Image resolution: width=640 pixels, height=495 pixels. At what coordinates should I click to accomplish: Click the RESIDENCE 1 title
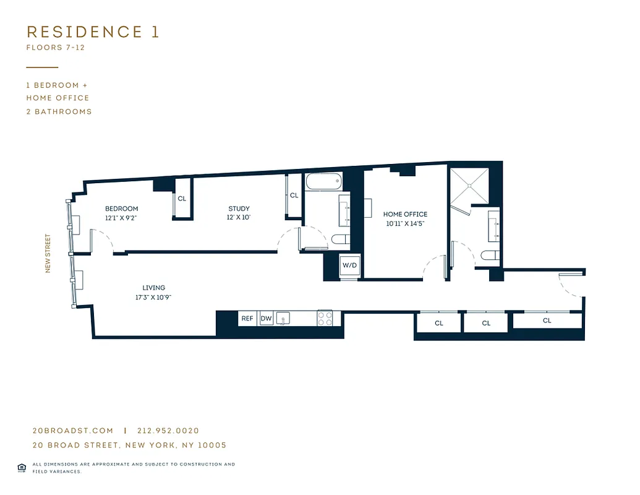click(x=93, y=32)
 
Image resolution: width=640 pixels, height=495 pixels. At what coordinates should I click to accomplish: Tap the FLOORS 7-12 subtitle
click(x=55, y=48)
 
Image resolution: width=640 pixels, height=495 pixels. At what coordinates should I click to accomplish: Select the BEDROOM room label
click(x=121, y=209)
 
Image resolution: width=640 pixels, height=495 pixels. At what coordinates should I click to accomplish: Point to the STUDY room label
click(x=239, y=209)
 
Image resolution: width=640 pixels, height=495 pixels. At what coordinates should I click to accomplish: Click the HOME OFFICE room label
click(x=405, y=214)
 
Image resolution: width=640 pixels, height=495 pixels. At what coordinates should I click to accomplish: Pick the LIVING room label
click(x=153, y=288)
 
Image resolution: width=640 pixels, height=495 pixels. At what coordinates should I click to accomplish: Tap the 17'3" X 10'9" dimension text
click(x=153, y=297)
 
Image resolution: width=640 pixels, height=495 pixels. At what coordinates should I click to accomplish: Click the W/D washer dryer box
click(x=349, y=265)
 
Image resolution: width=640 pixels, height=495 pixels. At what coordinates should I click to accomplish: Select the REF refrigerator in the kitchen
click(x=247, y=319)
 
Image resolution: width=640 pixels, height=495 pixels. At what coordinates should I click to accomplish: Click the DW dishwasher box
click(x=266, y=319)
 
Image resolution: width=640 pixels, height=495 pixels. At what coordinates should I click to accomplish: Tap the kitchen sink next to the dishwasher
click(x=283, y=319)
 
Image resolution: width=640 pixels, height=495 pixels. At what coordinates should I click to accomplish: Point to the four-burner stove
click(x=325, y=319)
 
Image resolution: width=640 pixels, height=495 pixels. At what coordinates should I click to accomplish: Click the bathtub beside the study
click(x=323, y=183)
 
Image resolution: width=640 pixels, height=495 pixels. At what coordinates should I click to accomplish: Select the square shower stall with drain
click(x=468, y=185)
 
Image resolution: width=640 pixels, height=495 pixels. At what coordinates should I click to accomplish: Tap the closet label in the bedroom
click(x=182, y=199)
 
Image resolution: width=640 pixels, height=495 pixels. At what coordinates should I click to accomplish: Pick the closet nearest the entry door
click(x=547, y=321)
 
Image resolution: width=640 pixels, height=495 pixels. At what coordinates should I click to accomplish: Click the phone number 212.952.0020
click(x=168, y=431)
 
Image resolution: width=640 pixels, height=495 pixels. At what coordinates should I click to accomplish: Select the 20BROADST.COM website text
click(x=73, y=431)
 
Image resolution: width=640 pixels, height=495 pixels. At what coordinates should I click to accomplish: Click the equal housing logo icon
click(x=22, y=467)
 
